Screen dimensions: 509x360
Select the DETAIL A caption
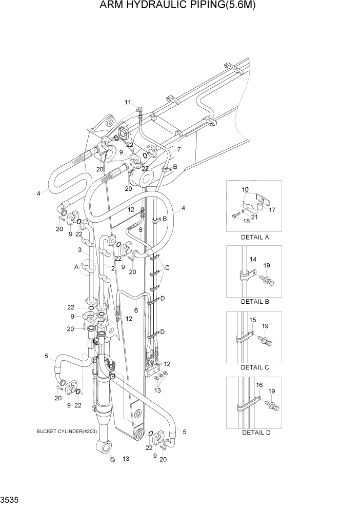click(x=255, y=237)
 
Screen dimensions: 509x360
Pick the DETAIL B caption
click(x=255, y=302)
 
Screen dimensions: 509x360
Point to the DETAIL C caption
click(x=255, y=367)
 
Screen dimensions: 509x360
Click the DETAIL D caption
click(x=255, y=433)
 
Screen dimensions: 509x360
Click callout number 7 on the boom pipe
click(x=178, y=150)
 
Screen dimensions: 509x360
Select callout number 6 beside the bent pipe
click(x=135, y=310)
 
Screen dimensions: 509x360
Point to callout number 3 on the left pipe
click(x=80, y=250)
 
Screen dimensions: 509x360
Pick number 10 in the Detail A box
click(x=245, y=190)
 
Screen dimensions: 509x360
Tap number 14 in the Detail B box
click(x=253, y=260)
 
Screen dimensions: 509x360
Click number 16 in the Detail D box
click(x=259, y=384)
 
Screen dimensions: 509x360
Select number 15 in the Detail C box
click(x=252, y=320)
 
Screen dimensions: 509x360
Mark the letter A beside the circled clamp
click(x=76, y=267)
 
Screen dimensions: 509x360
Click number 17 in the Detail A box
click(x=272, y=209)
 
